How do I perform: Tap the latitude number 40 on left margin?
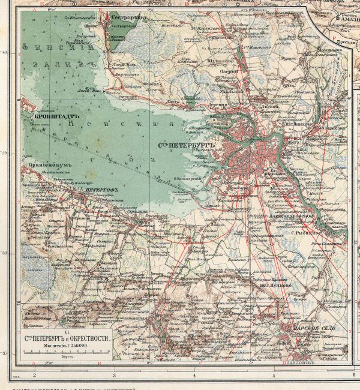5,53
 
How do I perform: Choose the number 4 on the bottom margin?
194,376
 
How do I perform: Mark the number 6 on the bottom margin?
354,376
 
